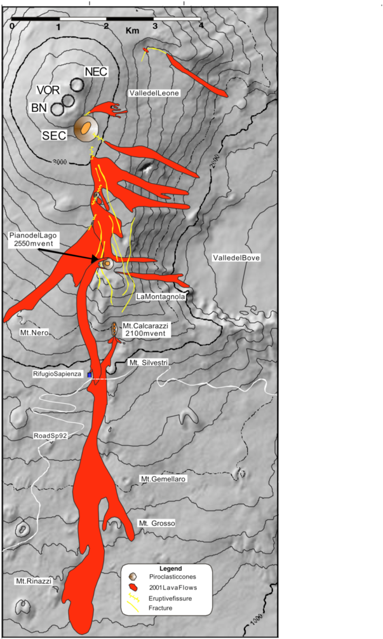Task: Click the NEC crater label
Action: [95, 71]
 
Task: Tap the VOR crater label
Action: [48, 90]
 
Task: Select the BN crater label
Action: [39, 108]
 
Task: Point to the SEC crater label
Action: [55, 135]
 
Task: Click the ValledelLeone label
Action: [154, 93]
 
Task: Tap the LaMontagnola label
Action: [160, 296]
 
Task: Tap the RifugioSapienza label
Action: [57, 374]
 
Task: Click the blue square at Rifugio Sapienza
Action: [90, 375]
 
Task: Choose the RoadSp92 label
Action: [50, 436]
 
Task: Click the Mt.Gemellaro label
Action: [163, 479]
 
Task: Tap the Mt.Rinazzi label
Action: [33, 581]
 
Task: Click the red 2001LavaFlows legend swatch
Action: [135, 587]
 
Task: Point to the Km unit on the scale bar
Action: [133, 30]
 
